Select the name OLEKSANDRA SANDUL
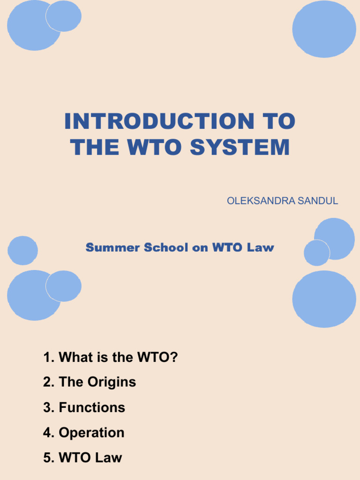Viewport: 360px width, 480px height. pyautogui.click(x=282, y=201)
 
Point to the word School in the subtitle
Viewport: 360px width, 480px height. pyautogui.click(x=166, y=247)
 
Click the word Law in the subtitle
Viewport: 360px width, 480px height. pyautogui.click(x=262, y=247)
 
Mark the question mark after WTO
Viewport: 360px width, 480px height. pyautogui.click(x=174, y=358)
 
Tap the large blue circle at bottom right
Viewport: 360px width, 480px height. pyautogui.click(x=324, y=299)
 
